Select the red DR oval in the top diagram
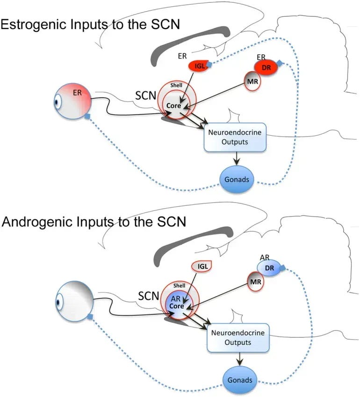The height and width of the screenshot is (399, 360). [266, 68]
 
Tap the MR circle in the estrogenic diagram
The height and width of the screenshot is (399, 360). [252, 81]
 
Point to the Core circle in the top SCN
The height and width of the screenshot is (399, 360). [173, 106]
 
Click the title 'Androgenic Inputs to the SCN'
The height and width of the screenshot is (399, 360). [94, 221]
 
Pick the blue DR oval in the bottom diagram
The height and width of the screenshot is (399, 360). [270, 268]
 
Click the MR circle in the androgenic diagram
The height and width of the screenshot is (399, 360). [254, 283]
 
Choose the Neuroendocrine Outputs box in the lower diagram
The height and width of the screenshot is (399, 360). [238, 337]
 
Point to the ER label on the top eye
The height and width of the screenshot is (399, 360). [77, 93]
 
